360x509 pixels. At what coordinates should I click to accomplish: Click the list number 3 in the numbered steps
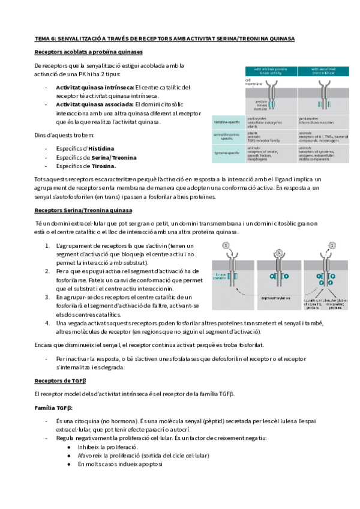[48, 297]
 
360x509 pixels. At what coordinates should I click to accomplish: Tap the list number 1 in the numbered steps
[48, 246]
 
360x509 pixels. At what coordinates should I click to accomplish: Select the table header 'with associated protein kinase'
[324, 72]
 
